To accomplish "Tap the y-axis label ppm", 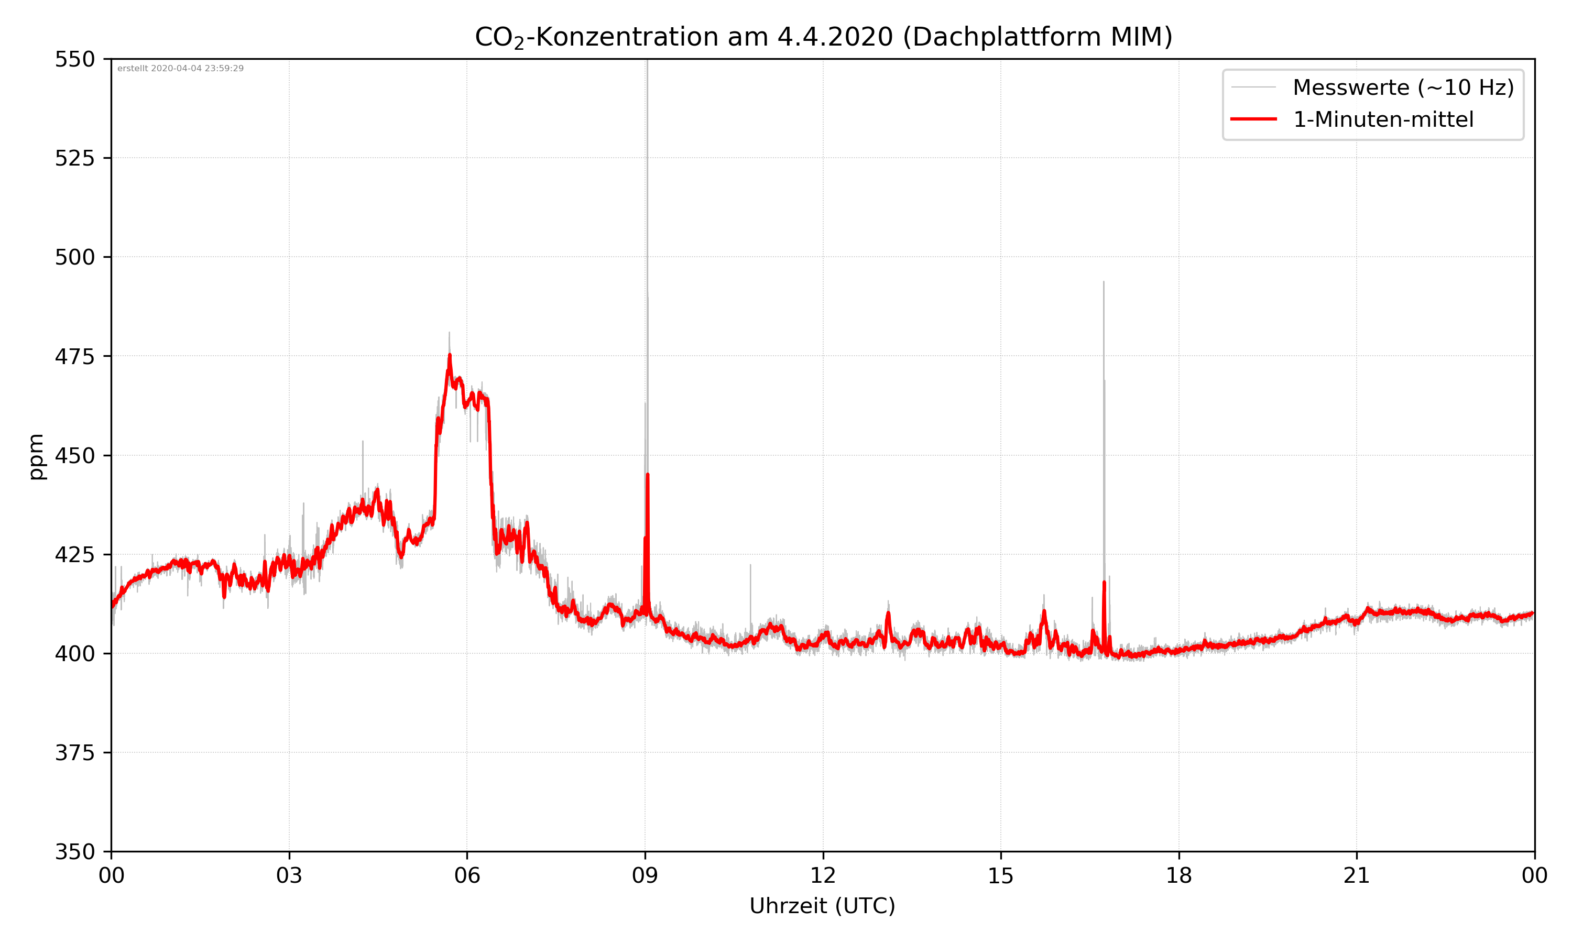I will [x=36, y=456].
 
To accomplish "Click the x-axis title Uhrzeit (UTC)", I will [x=822, y=905].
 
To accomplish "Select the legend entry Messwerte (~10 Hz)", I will [x=1403, y=87].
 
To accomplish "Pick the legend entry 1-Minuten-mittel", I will [x=1383, y=119].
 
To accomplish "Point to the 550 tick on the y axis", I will [x=74, y=59].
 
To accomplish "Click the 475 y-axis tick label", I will [x=74, y=356].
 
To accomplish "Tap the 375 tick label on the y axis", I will [x=74, y=753].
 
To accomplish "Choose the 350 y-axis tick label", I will [x=74, y=851].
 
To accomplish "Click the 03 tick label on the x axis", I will [x=289, y=875].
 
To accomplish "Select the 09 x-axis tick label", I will [x=645, y=875].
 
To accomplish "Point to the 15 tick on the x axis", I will [x=1001, y=875].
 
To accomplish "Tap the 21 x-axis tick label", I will [x=1357, y=875].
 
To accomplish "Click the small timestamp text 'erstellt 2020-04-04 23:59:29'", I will [x=180, y=69].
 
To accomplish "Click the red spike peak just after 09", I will [x=648, y=475].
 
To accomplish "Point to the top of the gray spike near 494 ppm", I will [x=1104, y=281].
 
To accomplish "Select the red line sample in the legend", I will [x=1253, y=119].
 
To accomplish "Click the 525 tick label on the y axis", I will [x=74, y=158].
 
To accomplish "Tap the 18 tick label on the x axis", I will [x=1178, y=875].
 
